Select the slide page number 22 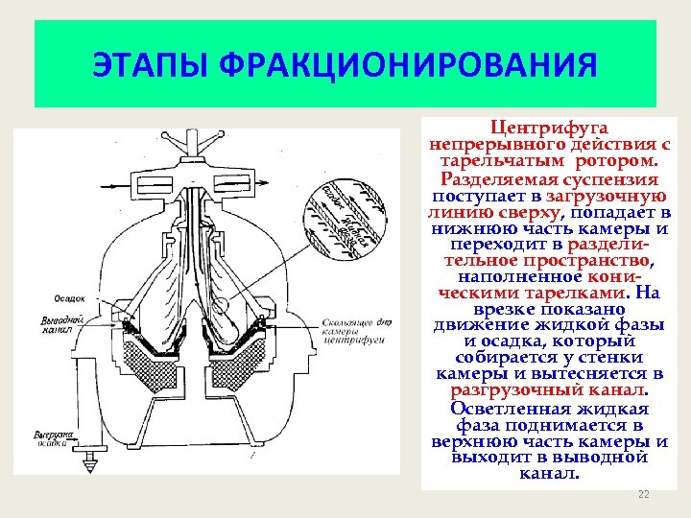point(644,494)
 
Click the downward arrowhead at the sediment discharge point(92,464)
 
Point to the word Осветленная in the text point(498,408)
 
